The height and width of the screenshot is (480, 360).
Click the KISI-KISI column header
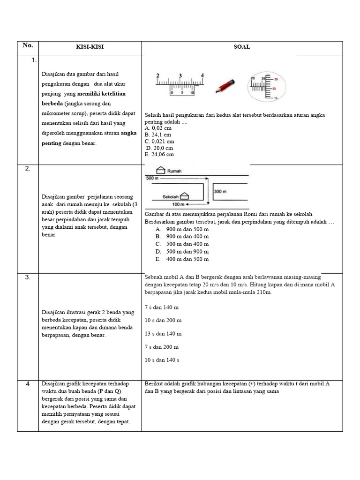click(x=90, y=47)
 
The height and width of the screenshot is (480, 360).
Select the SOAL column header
click(x=242, y=47)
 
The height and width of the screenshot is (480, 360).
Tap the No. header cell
click(x=28, y=45)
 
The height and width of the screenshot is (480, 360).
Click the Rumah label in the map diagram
click(x=175, y=171)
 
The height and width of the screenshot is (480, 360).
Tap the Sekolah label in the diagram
click(x=172, y=197)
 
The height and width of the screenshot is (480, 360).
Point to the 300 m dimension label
click(x=220, y=191)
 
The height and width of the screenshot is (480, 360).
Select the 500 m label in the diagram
click(x=152, y=179)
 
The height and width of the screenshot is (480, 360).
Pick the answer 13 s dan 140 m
click(x=163, y=334)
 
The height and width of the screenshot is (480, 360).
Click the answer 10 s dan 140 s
click(x=162, y=360)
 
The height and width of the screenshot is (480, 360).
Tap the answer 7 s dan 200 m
click(x=162, y=347)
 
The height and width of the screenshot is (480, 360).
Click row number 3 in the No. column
click(x=28, y=277)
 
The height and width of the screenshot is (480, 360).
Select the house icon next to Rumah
click(x=160, y=170)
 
